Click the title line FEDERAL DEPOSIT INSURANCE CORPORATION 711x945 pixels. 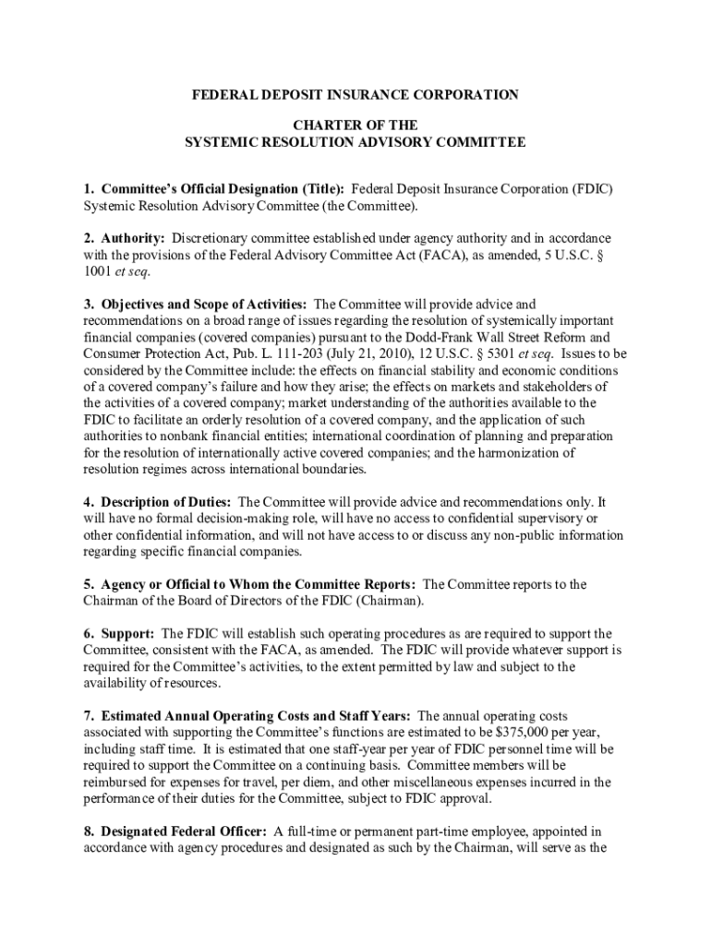355,95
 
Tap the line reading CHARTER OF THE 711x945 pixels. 355,125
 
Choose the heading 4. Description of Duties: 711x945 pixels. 158,502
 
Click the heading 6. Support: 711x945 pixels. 118,634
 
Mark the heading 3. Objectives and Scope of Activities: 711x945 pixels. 196,305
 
